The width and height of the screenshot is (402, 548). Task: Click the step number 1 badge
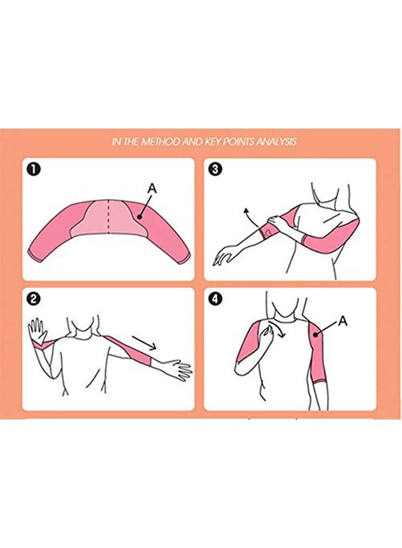click(x=34, y=170)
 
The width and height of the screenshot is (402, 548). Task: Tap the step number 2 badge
click(x=34, y=299)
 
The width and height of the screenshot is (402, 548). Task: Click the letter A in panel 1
click(x=152, y=189)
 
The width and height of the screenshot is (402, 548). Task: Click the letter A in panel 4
click(x=343, y=321)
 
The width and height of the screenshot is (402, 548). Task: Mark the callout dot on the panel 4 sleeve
click(x=316, y=334)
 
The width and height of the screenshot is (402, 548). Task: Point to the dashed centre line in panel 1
click(x=108, y=216)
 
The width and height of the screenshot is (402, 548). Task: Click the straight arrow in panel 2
click(x=144, y=342)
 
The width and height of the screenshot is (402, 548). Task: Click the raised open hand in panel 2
click(x=38, y=331)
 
